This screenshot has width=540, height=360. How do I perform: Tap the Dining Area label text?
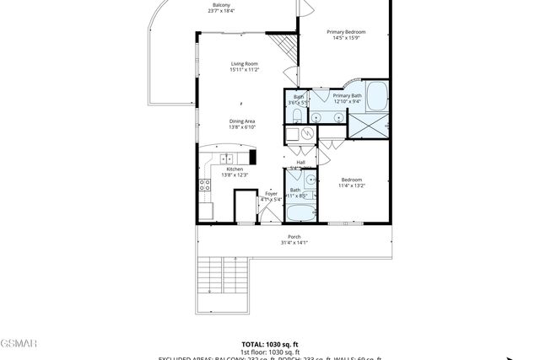(x=242, y=121)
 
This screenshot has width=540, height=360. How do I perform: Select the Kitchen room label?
(x=235, y=169)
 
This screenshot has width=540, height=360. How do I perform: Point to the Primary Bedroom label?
(x=347, y=32)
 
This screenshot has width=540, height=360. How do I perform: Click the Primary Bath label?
(x=347, y=96)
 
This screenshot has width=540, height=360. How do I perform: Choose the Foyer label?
(x=272, y=194)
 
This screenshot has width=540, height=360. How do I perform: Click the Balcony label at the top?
(x=221, y=5)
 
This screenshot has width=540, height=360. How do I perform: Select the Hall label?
(x=301, y=162)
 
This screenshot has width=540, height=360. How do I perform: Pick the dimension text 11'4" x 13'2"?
(x=352, y=185)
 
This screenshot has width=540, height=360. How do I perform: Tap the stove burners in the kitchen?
(x=204, y=185)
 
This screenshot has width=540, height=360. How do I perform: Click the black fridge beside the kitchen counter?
(x=253, y=156)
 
